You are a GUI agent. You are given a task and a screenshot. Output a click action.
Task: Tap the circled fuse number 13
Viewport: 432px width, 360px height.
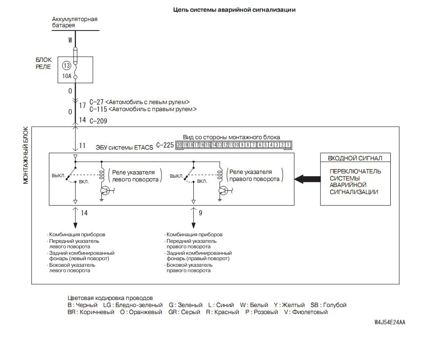(66, 66)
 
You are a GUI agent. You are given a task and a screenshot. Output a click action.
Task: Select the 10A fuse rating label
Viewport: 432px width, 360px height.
(66, 76)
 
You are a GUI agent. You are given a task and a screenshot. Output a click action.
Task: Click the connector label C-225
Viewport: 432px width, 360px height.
(165, 145)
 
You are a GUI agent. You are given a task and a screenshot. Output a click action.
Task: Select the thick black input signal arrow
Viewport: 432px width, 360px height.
(307, 179)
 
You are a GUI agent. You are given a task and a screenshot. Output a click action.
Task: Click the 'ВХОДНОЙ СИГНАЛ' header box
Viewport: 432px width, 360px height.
(355, 158)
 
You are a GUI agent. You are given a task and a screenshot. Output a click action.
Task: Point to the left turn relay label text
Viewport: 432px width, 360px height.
(136, 176)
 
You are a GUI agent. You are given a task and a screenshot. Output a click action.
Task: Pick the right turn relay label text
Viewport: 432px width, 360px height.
(255, 176)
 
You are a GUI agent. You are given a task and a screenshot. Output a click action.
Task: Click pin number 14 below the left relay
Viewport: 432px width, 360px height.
(84, 213)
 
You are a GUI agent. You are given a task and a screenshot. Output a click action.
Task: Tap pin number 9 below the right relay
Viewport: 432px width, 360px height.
(200, 213)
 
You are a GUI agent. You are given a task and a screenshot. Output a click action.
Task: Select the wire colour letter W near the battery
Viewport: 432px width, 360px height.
(70, 40)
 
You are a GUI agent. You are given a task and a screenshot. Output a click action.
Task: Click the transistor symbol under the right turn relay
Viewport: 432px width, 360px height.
(224, 191)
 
